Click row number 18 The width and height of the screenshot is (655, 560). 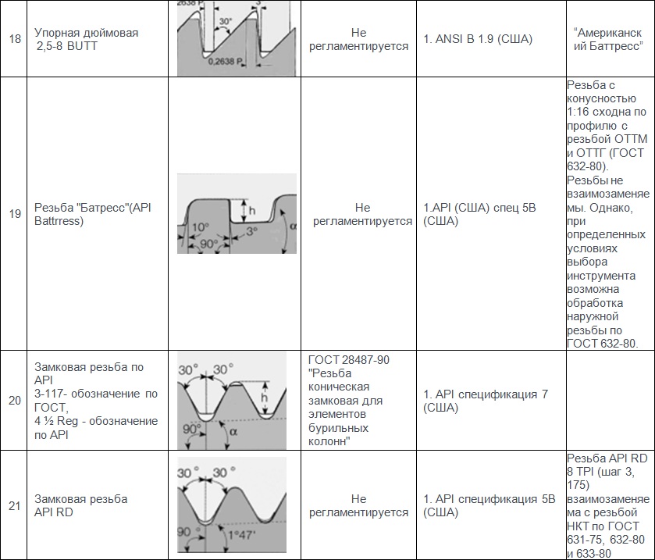pos(15,39)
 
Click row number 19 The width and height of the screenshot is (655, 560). pos(15,213)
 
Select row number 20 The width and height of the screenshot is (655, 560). pos(15,401)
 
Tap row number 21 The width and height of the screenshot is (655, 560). pos(15,505)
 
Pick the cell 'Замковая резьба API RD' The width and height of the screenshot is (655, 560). pos(81,505)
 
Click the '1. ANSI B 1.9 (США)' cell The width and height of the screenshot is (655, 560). pos(478,39)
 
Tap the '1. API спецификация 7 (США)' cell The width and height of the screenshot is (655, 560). pos(485,401)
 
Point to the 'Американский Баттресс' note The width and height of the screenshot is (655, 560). pos(607,39)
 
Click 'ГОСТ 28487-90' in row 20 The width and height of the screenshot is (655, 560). pos(349,360)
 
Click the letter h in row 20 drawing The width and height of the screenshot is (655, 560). pos(265,398)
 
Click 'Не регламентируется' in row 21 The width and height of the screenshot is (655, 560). pos(359,505)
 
